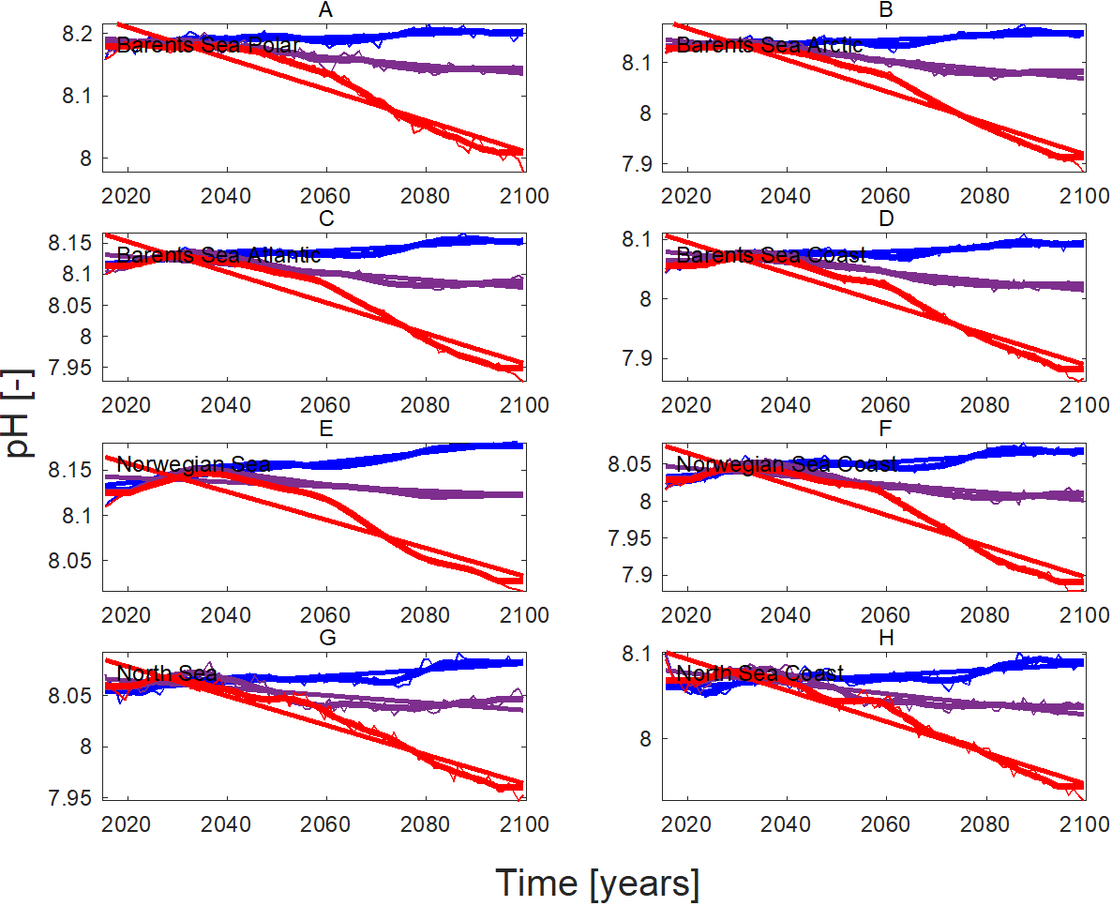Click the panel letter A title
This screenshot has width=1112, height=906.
tap(325, 9)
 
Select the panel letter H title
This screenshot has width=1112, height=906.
tap(886, 638)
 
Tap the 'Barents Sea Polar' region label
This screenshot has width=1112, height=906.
tap(208, 45)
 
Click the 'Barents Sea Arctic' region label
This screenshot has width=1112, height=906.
tap(770, 45)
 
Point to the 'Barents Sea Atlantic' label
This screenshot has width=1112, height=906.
tap(218, 255)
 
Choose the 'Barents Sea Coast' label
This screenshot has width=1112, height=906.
tap(772, 255)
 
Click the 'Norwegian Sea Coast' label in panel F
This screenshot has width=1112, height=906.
tap(787, 464)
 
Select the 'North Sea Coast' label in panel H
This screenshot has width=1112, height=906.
tap(759, 673)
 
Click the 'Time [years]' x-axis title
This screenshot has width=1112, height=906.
tap(597, 883)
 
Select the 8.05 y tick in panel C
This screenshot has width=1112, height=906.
tap(70, 305)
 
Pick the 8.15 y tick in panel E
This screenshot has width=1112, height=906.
tap(70, 469)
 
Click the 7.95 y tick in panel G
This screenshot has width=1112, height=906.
tap(70, 798)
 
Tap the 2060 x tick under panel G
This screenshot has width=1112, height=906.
tap(325, 824)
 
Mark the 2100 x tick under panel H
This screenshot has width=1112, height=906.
tap(1085, 824)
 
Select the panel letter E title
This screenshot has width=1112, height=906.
tap(325, 429)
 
